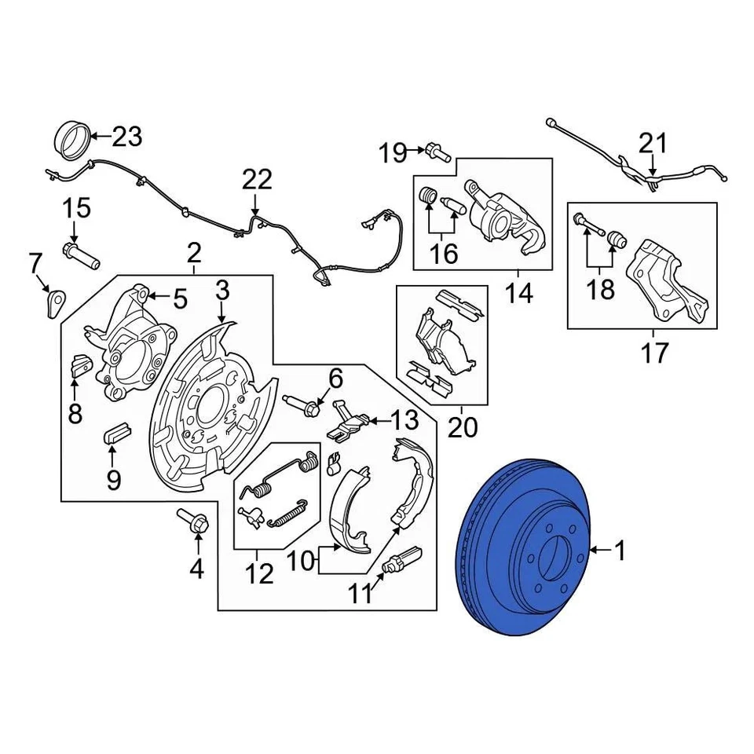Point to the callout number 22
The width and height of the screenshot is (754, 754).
pyautogui.click(x=257, y=180)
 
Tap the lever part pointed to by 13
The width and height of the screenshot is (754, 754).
pyautogui.click(x=346, y=423)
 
